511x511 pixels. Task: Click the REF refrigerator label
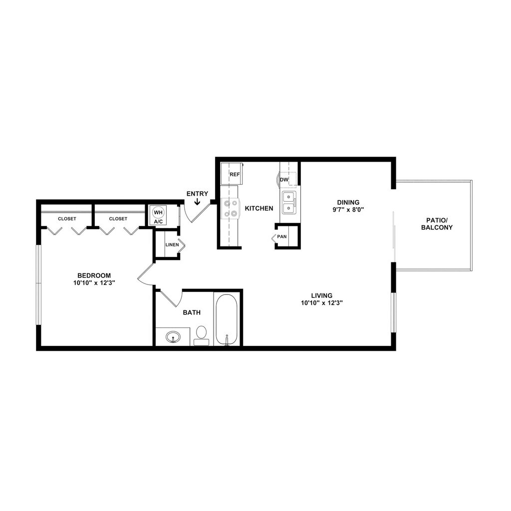(x=235, y=175)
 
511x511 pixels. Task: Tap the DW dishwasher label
(x=284, y=179)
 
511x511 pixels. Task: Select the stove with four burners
(x=230, y=208)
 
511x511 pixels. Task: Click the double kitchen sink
(x=288, y=202)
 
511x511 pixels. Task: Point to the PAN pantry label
(x=282, y=237)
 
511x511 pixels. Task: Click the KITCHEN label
(x=259, y=208)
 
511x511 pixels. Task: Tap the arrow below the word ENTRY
(x=197, y=202)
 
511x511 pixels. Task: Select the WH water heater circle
(x=158, y=213)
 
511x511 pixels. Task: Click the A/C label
(x=158, y=221)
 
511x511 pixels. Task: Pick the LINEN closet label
(x=172, y=245)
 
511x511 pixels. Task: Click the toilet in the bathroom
(x=202, y=334)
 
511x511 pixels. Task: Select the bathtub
(x=227, y=319)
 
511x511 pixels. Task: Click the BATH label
(x=192, y=313)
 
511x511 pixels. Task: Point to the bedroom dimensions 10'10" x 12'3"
(x=94, y=283)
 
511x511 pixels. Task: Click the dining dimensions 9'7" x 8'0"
(x=348, y=210)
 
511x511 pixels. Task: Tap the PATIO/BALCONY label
(x=437, y=224)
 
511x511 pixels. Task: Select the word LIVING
(x=321, y=295)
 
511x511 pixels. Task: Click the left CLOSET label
(x=67, y=219)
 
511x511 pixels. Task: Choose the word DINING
(x=348, y=202)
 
